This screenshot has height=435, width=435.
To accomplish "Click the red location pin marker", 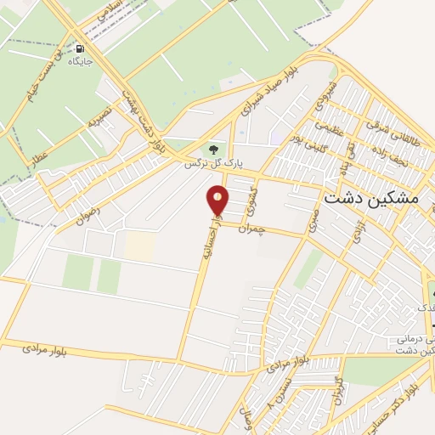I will click(x=218, y=201).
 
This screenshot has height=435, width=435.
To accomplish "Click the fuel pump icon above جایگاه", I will click(x=80, y=48).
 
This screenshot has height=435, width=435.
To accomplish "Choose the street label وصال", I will click(x=248, y=415).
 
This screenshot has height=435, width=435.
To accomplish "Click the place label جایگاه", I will click(x=81, y=62).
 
